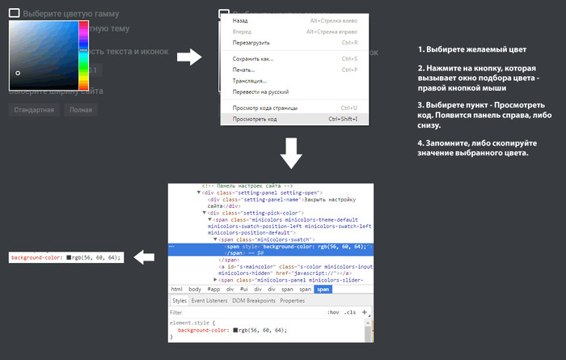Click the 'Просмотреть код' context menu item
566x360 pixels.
click(255, 119)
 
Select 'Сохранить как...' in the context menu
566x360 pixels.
click(253, 59)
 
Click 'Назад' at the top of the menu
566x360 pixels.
click(240, 19)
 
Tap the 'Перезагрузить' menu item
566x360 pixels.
click(251, 42)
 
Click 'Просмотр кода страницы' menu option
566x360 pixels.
click(265, 108)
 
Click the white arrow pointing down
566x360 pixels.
click(293, 153)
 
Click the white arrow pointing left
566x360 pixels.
click(144, 257)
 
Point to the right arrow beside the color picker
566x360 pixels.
click(189, 57)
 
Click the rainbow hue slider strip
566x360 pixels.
click(83, 55)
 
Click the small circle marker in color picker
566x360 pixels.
click(18, 74)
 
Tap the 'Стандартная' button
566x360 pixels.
click(33, 109)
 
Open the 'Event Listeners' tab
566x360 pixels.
click(209, 301)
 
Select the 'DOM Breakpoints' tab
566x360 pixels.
click(253, 301)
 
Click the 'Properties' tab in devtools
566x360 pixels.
click(292, 301)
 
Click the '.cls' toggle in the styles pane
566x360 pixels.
click(349, 312)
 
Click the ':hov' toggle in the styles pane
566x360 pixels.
click(332, 312)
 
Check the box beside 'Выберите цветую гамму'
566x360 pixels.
click(14, 14)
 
